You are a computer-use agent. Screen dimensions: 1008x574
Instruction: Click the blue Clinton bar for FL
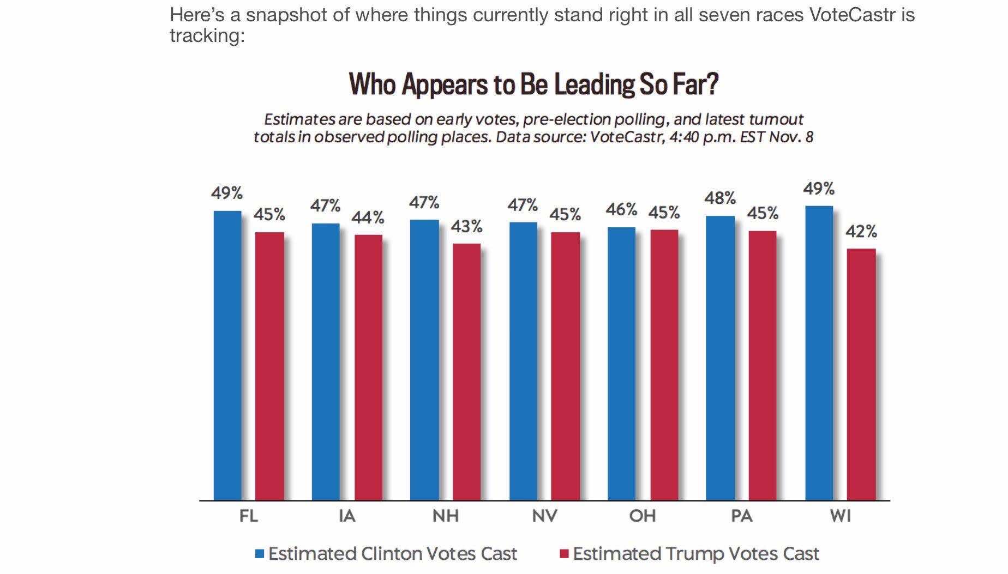[x=227, y=355]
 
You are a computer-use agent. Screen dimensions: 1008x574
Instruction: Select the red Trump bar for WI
[x=861, y=374]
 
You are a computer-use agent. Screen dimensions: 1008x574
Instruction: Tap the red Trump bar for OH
[x=664, y=365]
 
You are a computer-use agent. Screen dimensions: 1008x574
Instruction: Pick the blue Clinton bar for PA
[x=720, y=358]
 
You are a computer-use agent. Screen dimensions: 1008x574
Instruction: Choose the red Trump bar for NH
[x=466, y=372]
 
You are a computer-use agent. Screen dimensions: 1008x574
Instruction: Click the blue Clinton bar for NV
[x=523, y=361]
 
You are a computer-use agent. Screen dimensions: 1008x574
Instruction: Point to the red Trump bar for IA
[x=368, y=367]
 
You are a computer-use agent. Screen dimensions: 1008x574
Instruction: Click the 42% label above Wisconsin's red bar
[x=861, y=232]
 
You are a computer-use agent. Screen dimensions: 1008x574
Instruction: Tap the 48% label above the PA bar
[x=720, y=198]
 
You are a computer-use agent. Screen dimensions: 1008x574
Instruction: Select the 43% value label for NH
[x=466, y=226]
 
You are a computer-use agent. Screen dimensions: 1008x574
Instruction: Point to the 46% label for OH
[x=621, y=209]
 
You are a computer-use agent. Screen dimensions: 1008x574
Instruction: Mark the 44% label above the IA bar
[x=368, y=218]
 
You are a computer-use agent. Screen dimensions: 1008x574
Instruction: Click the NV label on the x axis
[x=544, y=516]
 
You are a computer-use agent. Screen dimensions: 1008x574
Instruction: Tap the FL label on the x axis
[x=249, y=516]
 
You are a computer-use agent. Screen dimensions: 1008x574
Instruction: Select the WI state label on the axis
[x=841, y=516]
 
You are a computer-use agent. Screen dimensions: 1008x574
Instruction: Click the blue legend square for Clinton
[x=260, y=554]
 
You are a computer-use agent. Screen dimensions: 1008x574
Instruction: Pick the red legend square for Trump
[x=565, y=554]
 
